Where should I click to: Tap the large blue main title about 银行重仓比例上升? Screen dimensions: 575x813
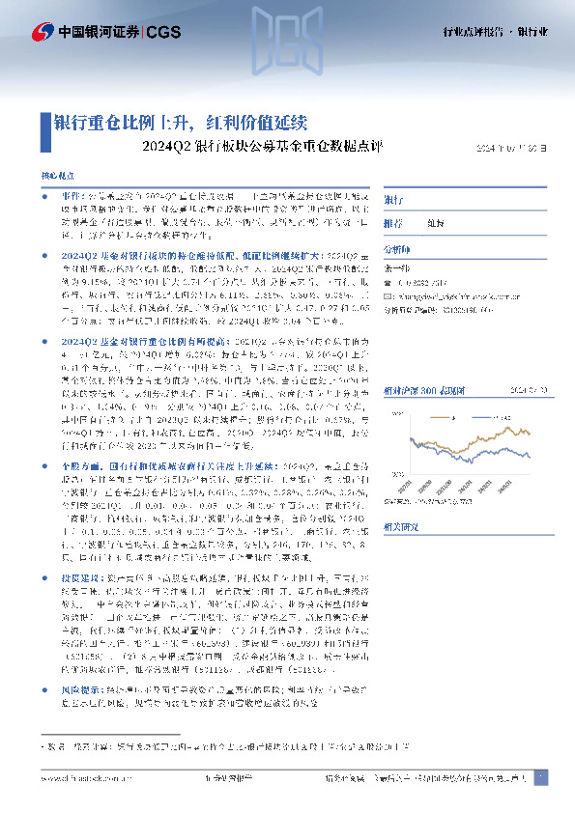(x=179, y=124)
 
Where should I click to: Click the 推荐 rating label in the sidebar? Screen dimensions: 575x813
(x=392, y=222)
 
